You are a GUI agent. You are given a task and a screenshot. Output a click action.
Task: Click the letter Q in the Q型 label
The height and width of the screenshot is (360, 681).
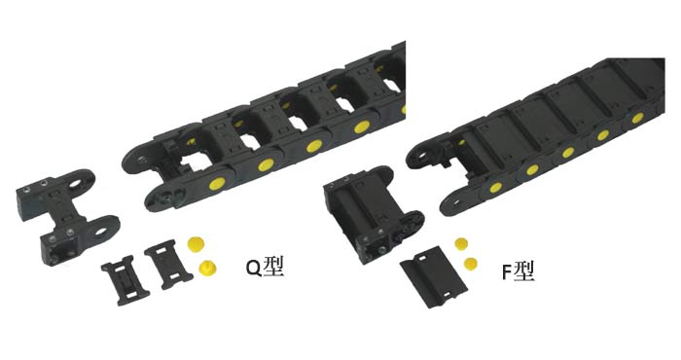tap(254, 268)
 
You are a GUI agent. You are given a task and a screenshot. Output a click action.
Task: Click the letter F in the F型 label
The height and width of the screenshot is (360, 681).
tap(507, 272)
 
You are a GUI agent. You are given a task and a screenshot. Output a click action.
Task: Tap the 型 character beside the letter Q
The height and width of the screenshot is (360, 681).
tap(273, 267)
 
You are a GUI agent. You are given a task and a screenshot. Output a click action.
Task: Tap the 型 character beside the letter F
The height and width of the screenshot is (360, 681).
tap(523, 271)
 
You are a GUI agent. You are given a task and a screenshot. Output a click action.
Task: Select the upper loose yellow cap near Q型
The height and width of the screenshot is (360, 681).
tap(196, 243)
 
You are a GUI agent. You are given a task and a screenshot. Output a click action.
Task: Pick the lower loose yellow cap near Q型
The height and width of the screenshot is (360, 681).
tap(208, 268)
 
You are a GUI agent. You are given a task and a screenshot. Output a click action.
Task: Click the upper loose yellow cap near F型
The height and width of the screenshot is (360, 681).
tap(462, 243)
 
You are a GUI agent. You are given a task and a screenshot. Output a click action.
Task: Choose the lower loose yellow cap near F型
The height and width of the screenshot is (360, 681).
tap(470, 263)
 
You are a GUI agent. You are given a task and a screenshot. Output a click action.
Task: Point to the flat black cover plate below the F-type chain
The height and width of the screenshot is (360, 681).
tap(434, 276)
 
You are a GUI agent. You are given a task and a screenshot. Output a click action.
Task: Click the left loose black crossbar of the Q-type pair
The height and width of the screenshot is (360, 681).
tap(125, 280)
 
